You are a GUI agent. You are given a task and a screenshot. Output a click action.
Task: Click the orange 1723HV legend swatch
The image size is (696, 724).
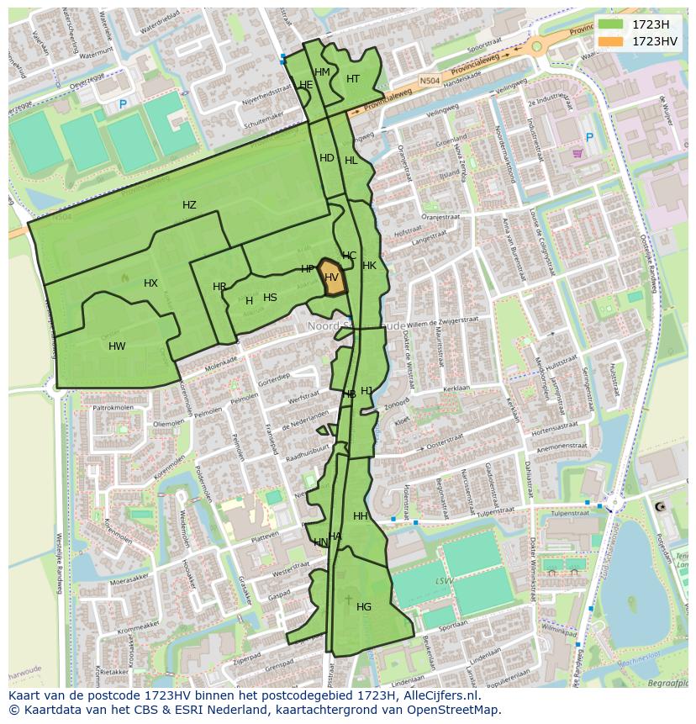[x=611, y=40]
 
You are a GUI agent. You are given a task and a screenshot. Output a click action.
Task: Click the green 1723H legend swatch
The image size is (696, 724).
[x=611, y=24]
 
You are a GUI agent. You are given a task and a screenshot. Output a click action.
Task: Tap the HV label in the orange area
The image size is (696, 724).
[x=332, y=277]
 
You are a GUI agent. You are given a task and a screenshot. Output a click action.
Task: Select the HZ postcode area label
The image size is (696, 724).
[x=189, y=205]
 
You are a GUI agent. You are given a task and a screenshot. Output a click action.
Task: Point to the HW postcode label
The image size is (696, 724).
[x=117, y=346]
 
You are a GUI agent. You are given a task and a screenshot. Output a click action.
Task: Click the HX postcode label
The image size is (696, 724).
[x=150, y=283]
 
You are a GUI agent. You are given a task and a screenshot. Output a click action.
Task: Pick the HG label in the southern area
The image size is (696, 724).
[x=364, y=607]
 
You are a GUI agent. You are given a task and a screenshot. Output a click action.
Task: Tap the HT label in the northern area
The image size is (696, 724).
[x=353, y=79]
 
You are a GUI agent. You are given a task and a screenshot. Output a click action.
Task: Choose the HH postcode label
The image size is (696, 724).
[x=361, y=516]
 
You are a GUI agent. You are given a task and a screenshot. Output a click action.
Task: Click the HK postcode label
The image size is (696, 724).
[x=369, y=266]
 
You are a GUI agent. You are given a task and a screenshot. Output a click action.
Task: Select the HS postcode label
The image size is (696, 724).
[x=270, y=298]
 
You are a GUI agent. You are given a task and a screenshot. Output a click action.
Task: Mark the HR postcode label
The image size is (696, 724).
[x=219, y=287]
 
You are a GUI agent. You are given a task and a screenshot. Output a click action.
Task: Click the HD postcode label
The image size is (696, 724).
[x=327, y=158]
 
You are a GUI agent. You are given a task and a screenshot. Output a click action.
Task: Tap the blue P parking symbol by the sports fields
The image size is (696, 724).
[x=123, y=104]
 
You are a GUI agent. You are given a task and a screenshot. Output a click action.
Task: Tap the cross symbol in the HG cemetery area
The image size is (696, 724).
[x=349, y=600]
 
